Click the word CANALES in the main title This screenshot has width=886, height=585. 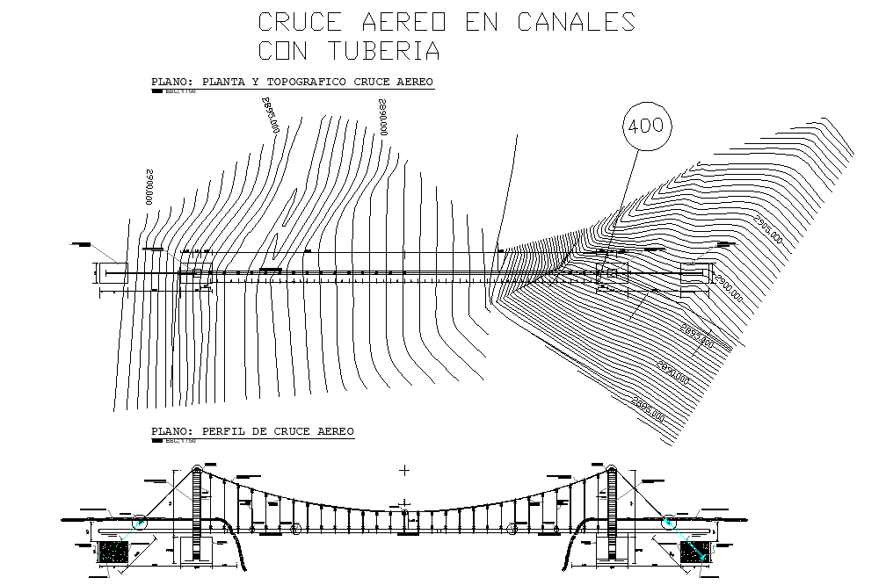(x=575, y=22)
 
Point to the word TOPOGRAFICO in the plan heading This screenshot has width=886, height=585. (x=299, y=83)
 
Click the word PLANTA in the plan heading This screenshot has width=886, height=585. (x=224, y=83)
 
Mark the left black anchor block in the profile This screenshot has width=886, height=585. (x=113, y=552)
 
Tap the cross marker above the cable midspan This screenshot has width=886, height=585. (x=404, y=470)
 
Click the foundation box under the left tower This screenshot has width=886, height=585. (x=196, y=549)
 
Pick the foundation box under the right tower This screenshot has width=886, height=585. (x=612, y=549)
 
